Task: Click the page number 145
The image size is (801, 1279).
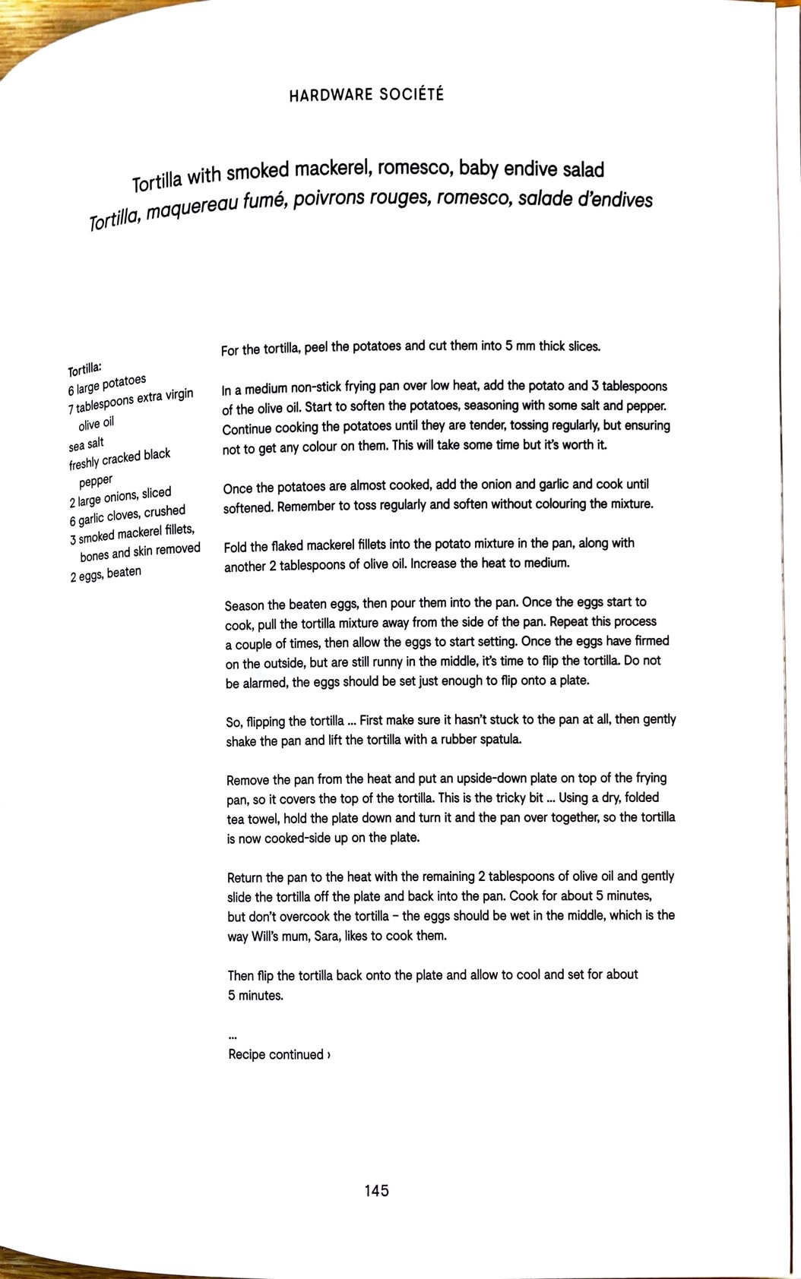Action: click(376, 1190)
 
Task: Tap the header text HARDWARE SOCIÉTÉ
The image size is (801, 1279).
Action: click(366, 95)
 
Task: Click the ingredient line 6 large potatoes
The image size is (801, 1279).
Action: click(106, 385)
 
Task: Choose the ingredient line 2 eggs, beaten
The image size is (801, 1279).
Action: click(106, 573)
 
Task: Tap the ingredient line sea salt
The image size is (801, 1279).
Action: click(86, 444)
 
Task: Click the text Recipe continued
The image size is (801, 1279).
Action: click(279, 1054)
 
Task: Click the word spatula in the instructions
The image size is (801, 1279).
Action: click(498, 739)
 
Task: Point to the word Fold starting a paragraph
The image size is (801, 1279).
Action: click(236, 547)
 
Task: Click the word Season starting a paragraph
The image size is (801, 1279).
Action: click(244, 605)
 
